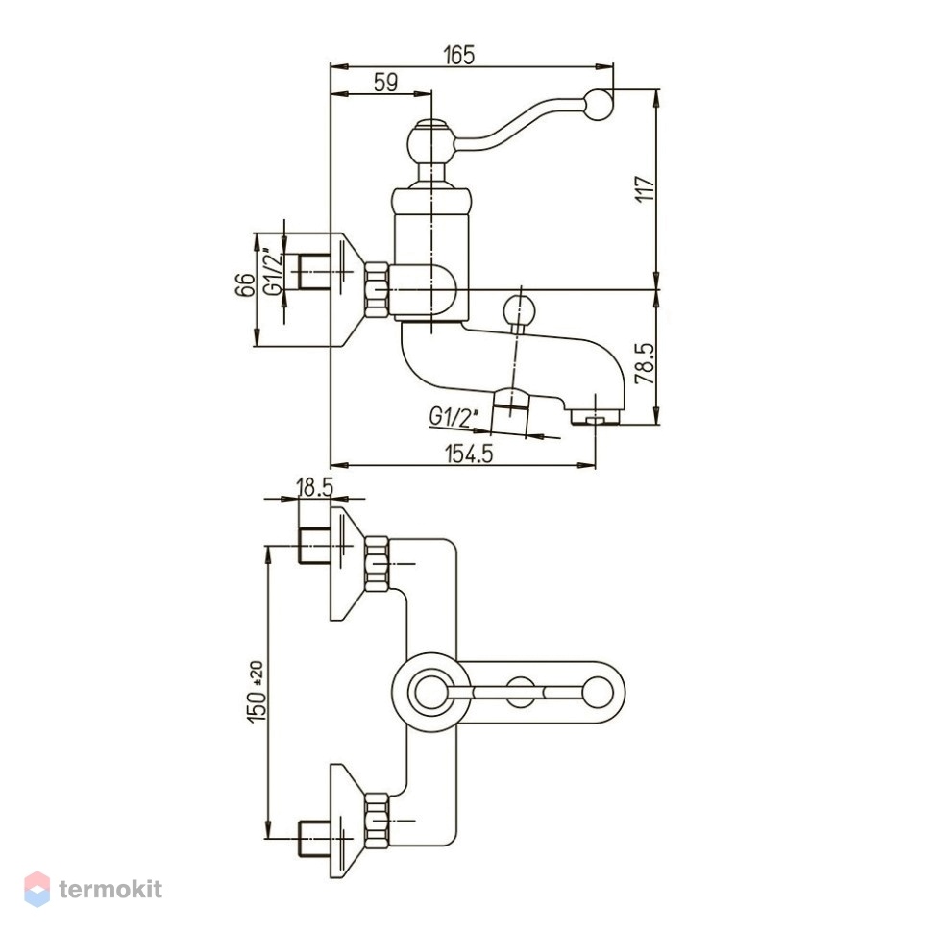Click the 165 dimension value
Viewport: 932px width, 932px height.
(x=459, y=55)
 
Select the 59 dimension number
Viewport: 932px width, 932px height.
(x=386, y=82)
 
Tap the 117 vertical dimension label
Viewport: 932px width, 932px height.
(x=645, y=189)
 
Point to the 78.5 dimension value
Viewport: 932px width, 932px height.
(x=645, y=363)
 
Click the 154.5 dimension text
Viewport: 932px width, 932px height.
(x=469, y=454)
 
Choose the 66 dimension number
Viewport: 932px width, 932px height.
(x=245, y=284)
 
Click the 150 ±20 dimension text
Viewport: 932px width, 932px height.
(x=257, y=692)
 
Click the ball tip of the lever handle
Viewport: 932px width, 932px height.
(x=599, y=105)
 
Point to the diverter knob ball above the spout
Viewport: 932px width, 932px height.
(x=520, y=310)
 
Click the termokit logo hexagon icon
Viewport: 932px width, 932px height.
(x=37, y=889)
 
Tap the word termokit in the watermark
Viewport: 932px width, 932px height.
(x=110, y=890)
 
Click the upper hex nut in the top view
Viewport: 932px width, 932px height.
(x=377, y=563)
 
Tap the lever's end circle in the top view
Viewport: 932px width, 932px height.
(x=597, y=693)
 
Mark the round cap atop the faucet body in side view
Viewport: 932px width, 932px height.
(x=431, y=141)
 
